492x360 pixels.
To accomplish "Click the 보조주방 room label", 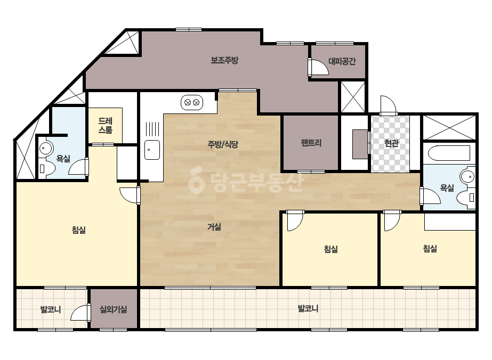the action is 224,60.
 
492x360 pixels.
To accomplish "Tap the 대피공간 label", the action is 342,61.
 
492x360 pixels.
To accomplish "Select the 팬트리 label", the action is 311,143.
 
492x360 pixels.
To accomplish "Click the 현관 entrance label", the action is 391,143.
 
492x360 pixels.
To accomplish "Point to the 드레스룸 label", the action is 106,126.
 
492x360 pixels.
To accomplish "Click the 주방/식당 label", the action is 223,144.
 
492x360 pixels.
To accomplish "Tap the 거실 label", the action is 214,227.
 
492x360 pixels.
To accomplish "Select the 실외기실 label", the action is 114,309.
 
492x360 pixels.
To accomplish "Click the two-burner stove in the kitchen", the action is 192,103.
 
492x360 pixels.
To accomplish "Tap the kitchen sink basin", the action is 152,150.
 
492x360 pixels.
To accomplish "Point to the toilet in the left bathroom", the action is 46,168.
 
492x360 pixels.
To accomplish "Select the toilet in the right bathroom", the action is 466,198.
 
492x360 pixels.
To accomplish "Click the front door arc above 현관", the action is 388,104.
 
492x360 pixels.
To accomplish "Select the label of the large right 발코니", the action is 308,308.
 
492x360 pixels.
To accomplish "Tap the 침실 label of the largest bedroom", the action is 79,230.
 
